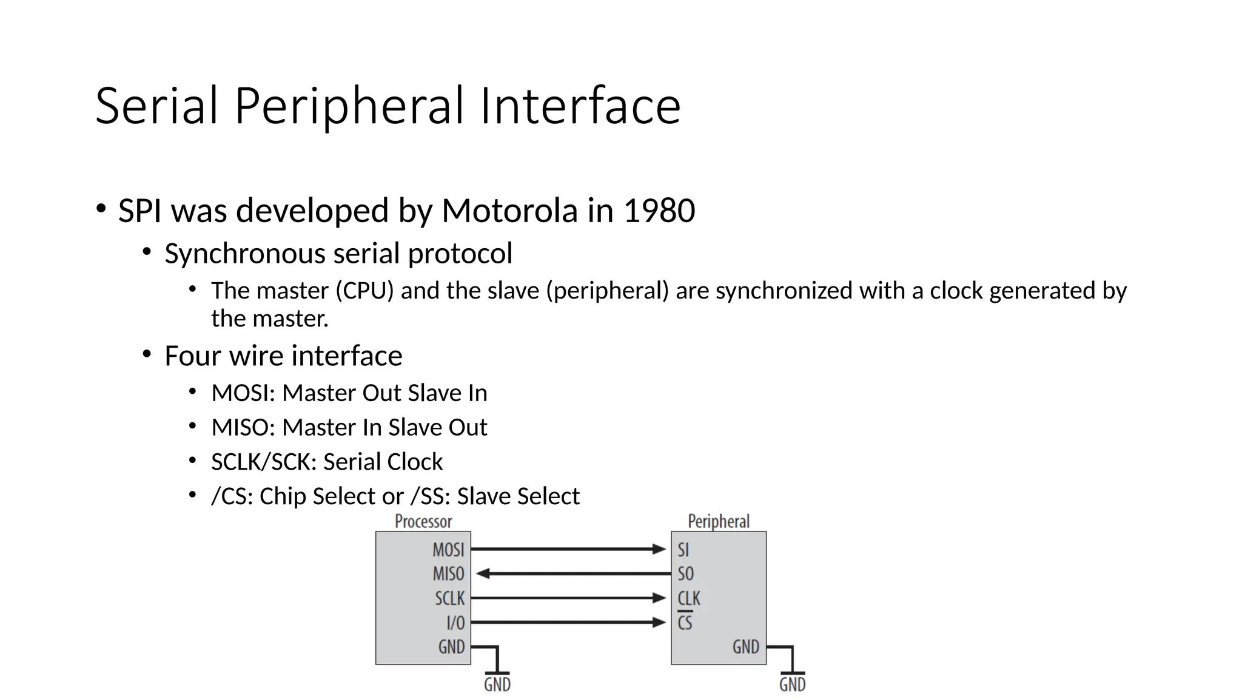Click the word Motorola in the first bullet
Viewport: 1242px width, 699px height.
click(x=509, y=211)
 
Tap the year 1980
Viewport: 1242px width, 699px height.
click(x=659, y=211)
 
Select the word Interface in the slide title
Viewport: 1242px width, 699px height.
click(x=580, y=106)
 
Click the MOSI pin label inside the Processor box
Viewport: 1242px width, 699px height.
click(x=448, y=550)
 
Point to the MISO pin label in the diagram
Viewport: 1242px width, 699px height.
click(x=448, y=574)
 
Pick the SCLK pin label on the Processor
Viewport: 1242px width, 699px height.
click(x=449, y=598)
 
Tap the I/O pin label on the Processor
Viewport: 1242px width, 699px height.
click(x=455, y=623)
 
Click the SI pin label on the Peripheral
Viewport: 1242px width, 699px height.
click(x=683, y=550)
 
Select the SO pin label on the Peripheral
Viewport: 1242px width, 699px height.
click(x=685, y=574)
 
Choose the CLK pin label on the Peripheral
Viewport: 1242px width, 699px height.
click(x=689, y=598)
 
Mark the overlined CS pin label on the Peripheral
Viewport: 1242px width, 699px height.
click(x=685, y=623)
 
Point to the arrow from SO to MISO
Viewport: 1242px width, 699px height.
click(x=573, y=573)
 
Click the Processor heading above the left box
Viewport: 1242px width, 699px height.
click(x=423, y=521)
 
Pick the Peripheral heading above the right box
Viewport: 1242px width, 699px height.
click(x=719, y=521)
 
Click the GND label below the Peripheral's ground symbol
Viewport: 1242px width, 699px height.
click(x=792, y=684)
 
